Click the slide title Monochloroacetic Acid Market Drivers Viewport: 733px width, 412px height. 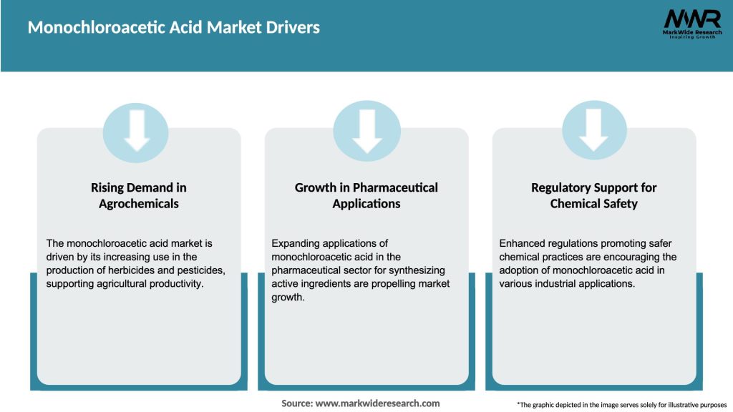tap(173, 28)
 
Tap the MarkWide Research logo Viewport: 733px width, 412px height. tap(691, 24)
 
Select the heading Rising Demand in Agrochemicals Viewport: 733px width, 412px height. tap(139, 195)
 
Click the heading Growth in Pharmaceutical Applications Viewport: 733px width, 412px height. tap(366, 195)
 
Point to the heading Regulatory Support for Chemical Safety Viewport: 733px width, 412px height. tap(593, 195)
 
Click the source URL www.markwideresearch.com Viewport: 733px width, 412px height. tap(378, 403)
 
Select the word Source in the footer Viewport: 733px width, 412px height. tap(296, 403)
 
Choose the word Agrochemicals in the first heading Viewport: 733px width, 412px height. tap(139, 204)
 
